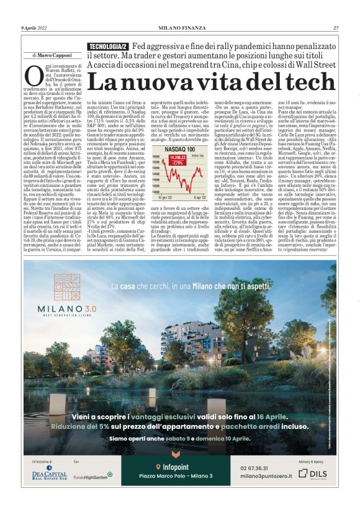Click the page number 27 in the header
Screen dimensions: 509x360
click(336, 28)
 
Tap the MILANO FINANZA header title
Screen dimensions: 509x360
click(179, 28)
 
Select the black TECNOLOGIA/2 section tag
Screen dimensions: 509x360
click(108, 47)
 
